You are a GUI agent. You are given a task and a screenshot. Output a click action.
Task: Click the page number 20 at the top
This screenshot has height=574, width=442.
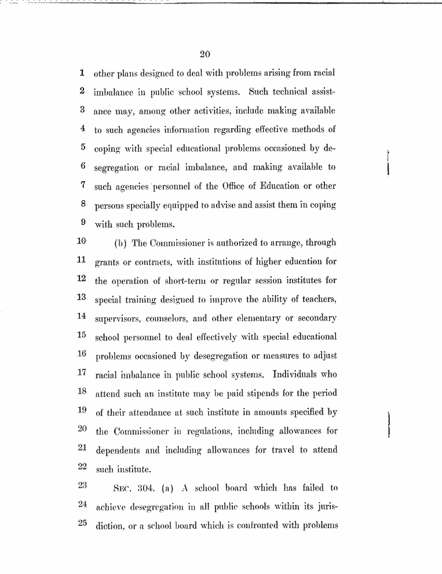pyautogui.click(x=204, y=55)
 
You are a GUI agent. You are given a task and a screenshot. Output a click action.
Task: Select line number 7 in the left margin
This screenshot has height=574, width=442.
pyautogui.click(x=83, y=185)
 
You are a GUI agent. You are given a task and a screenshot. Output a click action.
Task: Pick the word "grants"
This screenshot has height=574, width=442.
pyautogui.click(x=108, y=263)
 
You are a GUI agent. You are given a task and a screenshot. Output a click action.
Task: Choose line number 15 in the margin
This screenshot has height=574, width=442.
pyautogui.click(x=82, y=335)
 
